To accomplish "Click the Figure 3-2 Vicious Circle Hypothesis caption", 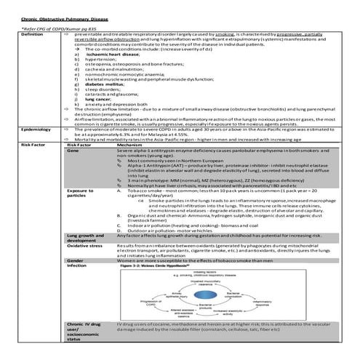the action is [x=175, y=266].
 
